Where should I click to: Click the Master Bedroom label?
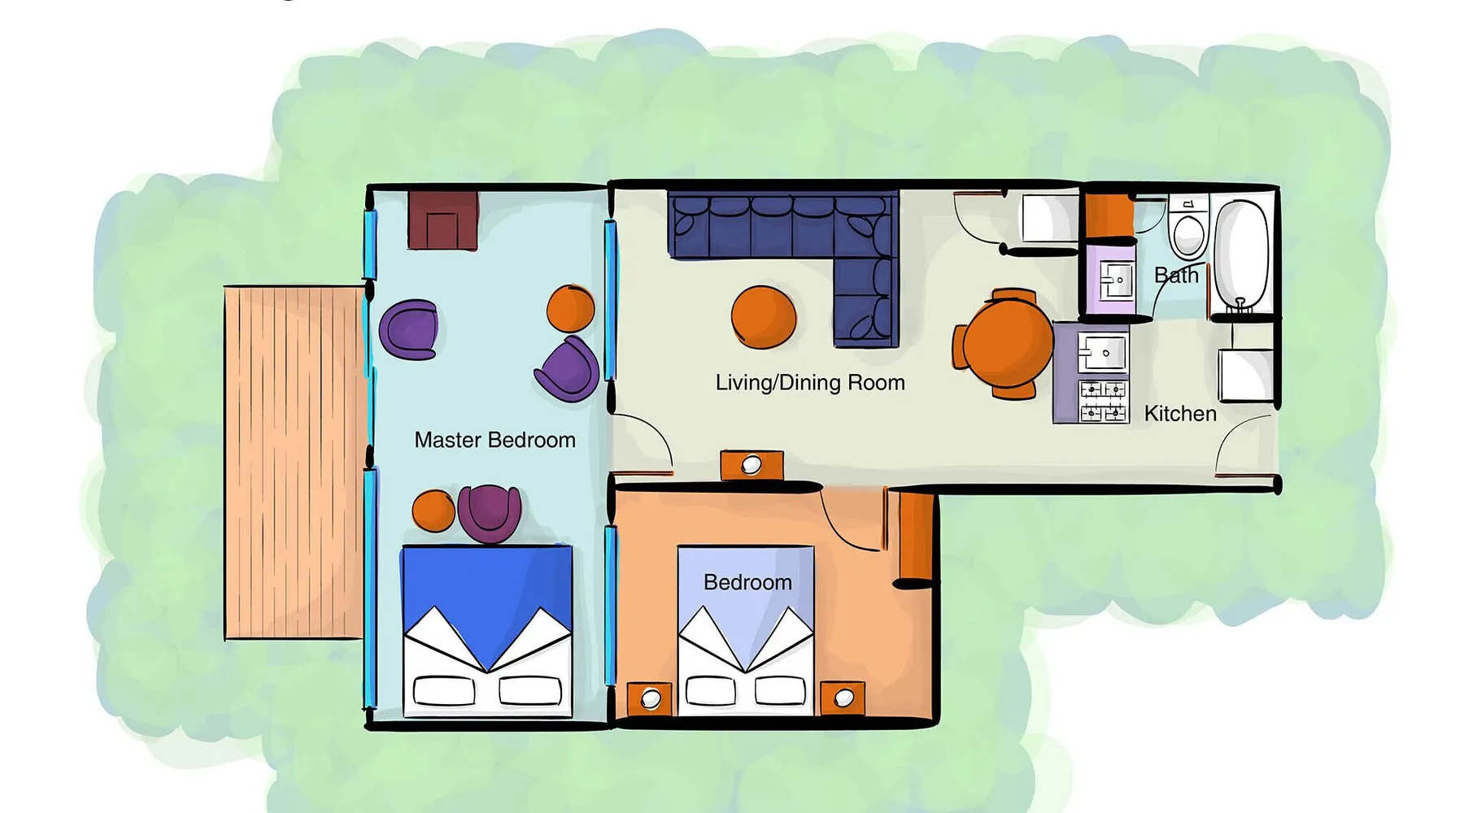495,440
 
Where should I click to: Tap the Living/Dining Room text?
810,383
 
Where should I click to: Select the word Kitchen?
1180,414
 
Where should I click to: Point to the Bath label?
1176,276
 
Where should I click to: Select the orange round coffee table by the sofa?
763,317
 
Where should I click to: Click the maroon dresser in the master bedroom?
442,220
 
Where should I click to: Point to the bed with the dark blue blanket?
487,631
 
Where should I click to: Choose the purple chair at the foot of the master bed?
489,513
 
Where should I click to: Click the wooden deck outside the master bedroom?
294,463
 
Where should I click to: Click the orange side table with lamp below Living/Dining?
752,465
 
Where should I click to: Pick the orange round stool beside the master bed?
434,511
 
